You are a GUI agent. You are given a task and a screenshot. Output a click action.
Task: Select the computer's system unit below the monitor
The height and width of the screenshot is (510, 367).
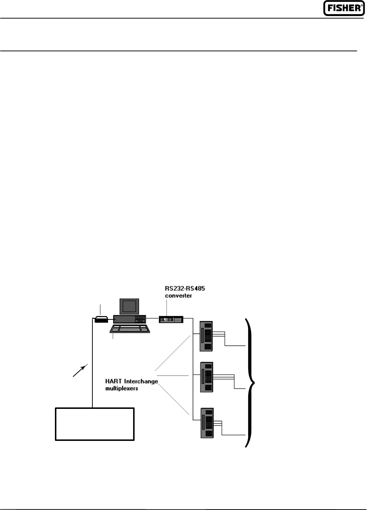(129, 319)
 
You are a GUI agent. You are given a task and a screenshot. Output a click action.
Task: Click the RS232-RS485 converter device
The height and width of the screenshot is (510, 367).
(171, 319)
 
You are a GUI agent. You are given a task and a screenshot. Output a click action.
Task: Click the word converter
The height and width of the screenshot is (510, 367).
(178, 296)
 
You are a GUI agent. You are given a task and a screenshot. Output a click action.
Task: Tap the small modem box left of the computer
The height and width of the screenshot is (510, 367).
(101, 320)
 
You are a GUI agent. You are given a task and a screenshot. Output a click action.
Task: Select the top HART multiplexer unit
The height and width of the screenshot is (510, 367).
(206, 336)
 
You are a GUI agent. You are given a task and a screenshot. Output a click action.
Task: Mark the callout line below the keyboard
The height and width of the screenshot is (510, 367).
(113, 336)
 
